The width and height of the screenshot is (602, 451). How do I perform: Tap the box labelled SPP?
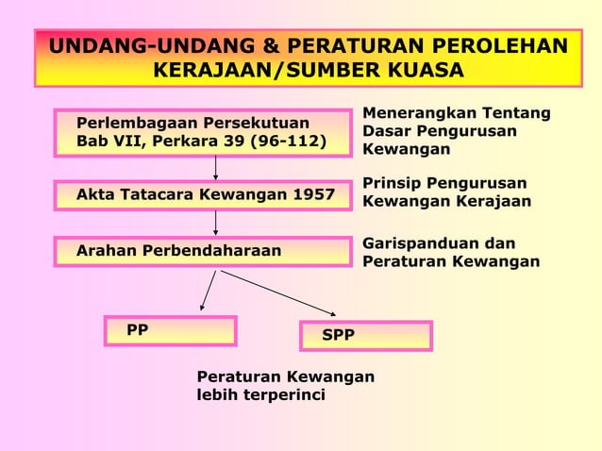point(365,336)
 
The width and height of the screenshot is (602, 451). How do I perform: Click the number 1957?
point(313,195)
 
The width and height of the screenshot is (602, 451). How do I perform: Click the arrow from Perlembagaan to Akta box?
point(216,166)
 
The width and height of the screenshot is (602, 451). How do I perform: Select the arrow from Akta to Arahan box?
point(216,222)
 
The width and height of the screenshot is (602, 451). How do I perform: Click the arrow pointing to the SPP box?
point(279,292)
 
